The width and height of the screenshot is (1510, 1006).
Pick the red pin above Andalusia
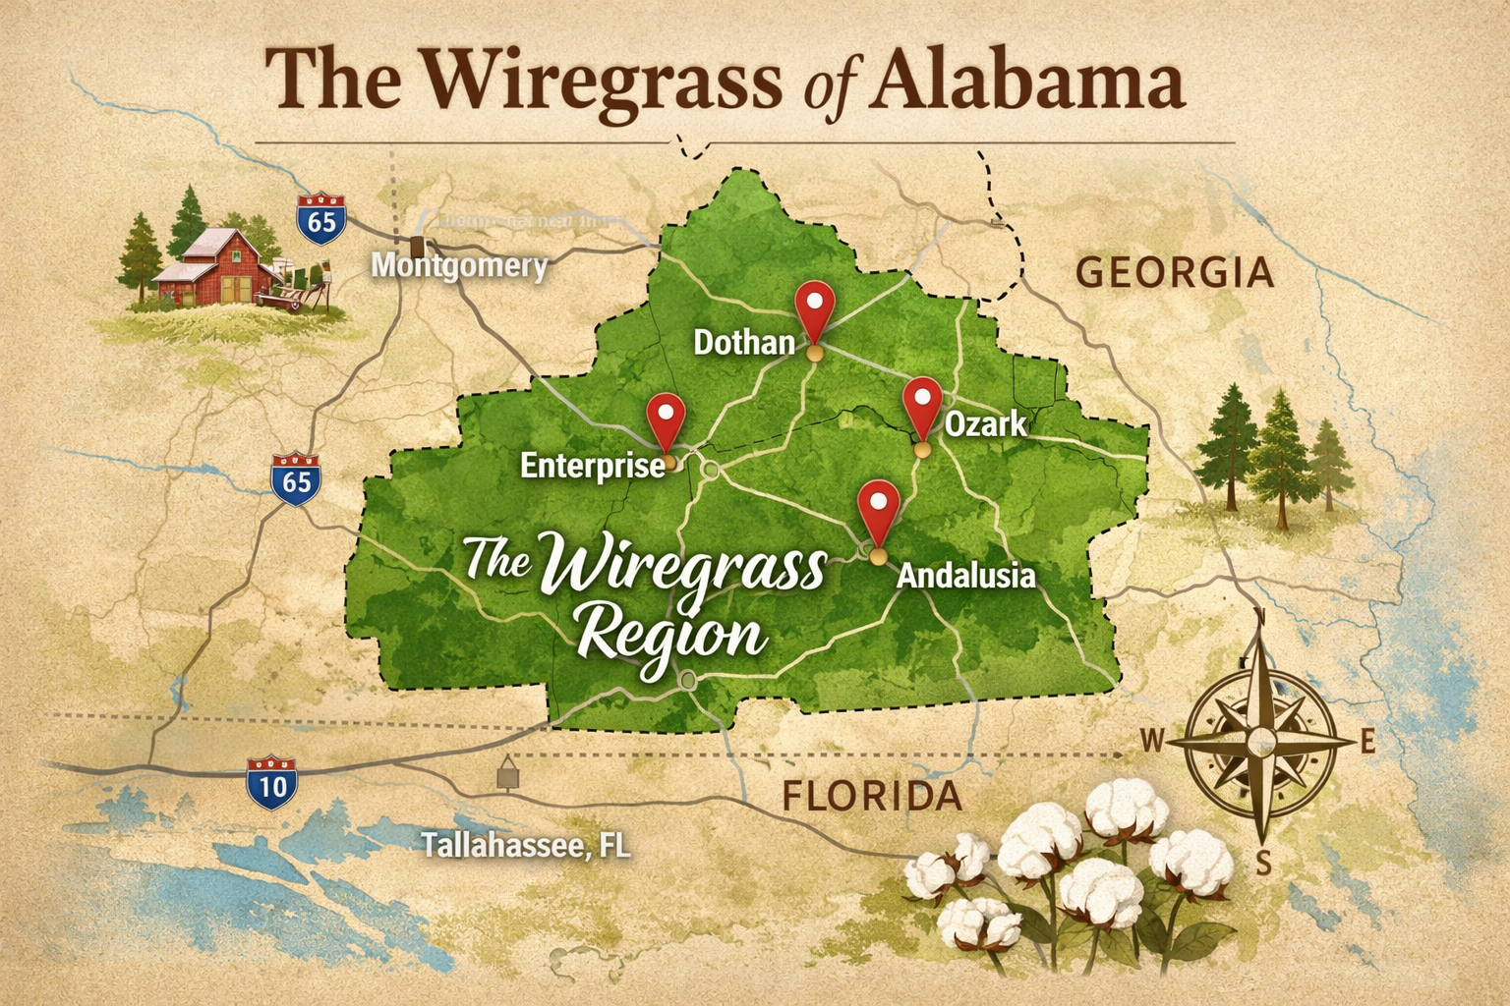878,505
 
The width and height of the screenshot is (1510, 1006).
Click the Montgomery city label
459,266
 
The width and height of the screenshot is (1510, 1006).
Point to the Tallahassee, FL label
526,845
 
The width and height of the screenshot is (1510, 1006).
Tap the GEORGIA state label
1175,272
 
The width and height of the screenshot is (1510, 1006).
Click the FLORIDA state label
871,796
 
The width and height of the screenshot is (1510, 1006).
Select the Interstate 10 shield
271,783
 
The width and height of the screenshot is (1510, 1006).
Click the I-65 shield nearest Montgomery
321,219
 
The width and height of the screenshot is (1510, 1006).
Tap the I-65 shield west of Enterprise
296,479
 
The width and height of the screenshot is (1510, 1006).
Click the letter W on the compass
1152,741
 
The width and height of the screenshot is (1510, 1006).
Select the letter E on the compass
1367,744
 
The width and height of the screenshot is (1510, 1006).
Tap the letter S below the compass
1264,864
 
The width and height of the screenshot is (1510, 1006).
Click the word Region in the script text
670,636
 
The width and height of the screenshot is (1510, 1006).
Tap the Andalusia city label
965,575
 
